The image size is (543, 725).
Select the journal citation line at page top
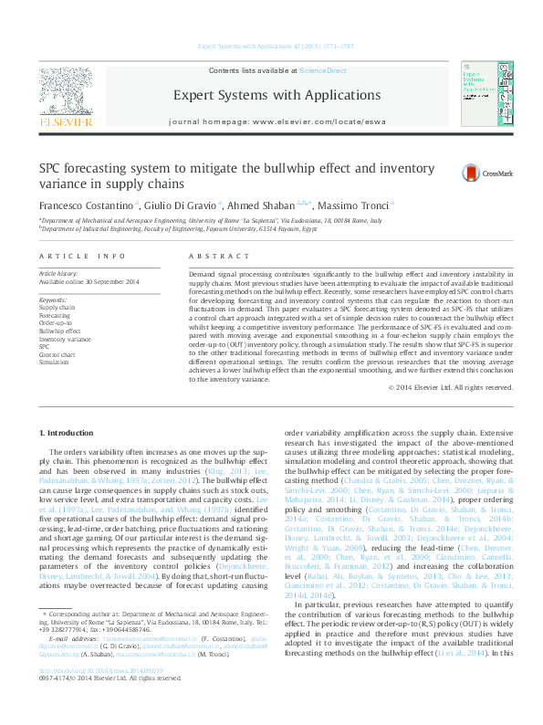click(x=270, y=47)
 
